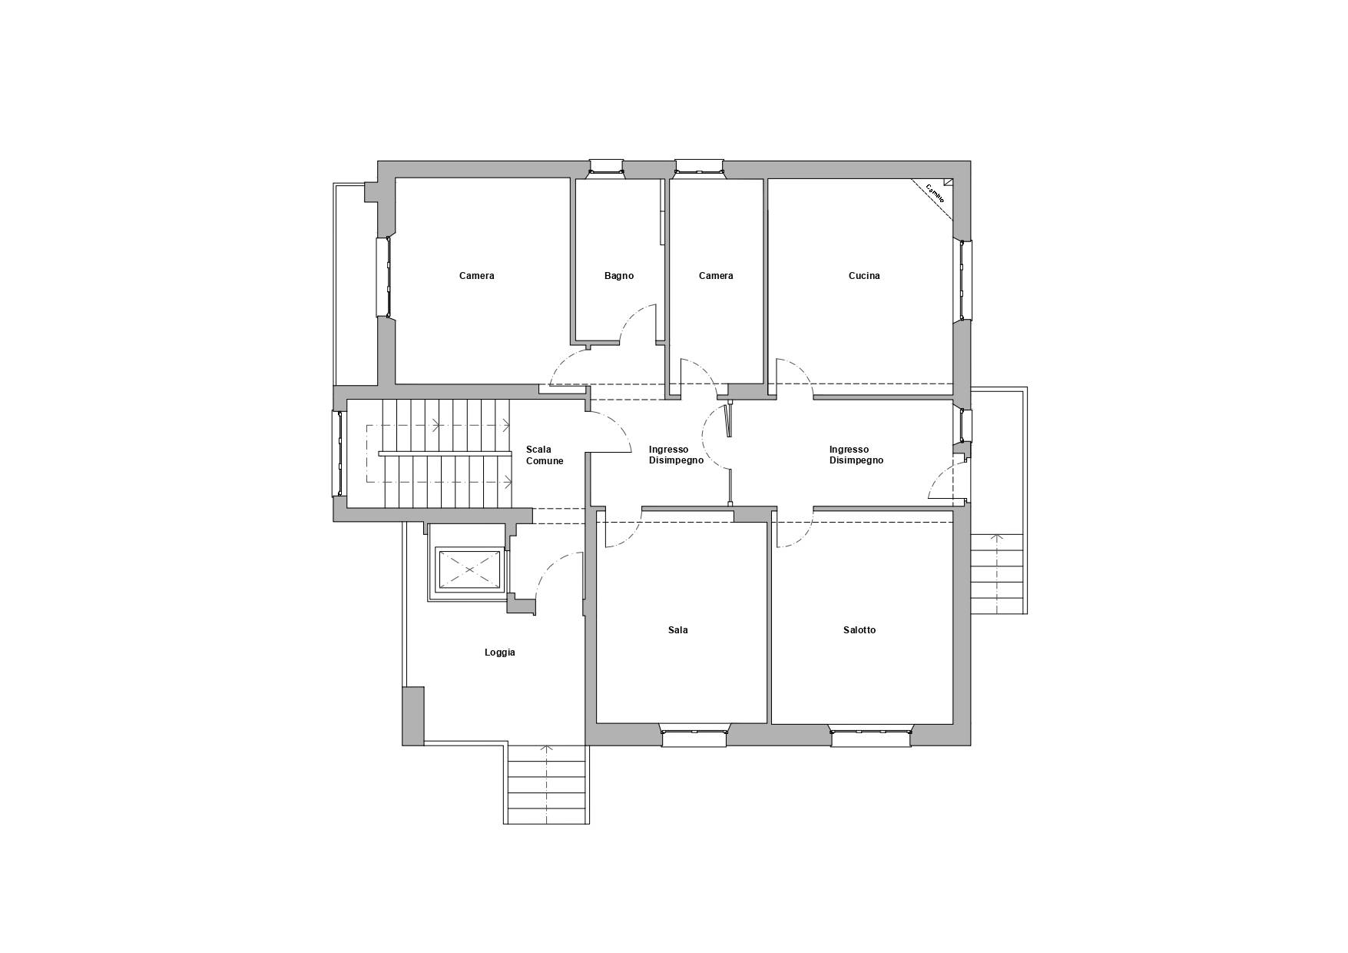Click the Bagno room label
point(619,276)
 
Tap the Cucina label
point(864,276)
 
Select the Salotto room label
point(859,630)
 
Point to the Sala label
point(678,630)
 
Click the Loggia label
point(500,652)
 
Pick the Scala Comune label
point(545,456)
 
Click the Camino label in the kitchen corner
point(935,193)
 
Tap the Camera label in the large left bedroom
point(477,276)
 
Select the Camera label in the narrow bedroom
point(716,276)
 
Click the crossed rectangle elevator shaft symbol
point(469,569)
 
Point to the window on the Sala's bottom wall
point(694,737)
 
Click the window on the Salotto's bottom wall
point(871,737)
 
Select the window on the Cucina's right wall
point(962,279)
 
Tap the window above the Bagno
point(606,167)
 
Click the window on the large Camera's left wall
point(383,277)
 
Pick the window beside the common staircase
point(339,453)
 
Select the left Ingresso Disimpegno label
point(676,456)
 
